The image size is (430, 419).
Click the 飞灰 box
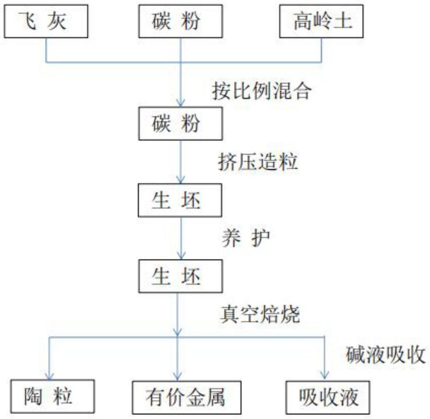pos(45,22)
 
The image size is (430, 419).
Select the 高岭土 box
pos(322,22)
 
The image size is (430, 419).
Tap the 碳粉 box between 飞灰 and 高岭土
pos(181,22)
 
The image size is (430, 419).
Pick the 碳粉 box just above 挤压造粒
pos(181,124)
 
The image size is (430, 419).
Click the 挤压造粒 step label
pos(258,162)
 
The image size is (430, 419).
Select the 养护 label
pos(245,239)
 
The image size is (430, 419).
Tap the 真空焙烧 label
pos(260,315)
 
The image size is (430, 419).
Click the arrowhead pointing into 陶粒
pos(50,375)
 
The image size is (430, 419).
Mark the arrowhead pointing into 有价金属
pos(178,375)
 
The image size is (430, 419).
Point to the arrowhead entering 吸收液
pos(324,375)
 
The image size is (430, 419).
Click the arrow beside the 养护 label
pos(181,239)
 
